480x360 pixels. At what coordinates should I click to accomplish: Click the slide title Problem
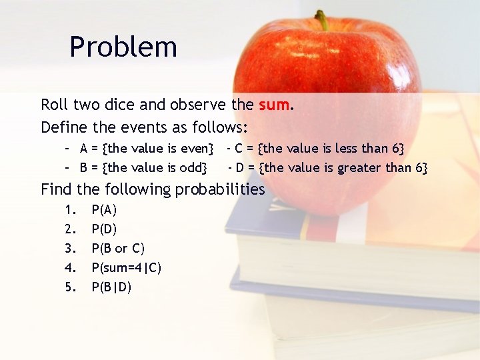123,47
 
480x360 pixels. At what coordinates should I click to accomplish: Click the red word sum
273,105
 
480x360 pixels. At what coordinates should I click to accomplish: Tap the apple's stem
322,19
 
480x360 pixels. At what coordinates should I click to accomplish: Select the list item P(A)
104,210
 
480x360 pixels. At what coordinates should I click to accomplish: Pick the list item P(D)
104,229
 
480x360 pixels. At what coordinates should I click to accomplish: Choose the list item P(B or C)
118,249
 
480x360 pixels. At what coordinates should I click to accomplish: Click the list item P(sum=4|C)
127,268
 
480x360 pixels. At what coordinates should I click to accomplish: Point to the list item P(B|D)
111,287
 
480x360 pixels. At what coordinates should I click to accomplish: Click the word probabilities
219,189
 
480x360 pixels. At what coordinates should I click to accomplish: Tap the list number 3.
70,249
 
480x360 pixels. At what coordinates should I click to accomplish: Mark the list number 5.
70,287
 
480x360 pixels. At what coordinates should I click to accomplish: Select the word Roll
54,105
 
